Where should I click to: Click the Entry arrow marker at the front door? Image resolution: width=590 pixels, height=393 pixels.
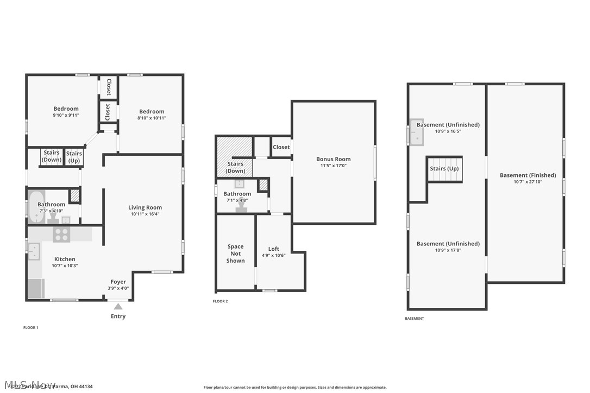coord(118,307)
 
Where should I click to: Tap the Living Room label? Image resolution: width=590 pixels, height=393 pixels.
coord(145,207)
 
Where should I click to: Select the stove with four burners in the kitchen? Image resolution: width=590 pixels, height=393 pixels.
coord(61,234)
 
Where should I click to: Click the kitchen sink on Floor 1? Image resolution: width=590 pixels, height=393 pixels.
coord(34,251)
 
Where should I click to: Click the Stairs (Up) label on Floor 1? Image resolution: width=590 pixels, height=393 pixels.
coord(74,157)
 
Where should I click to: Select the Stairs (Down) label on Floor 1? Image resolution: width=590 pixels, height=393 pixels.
coord(52,156)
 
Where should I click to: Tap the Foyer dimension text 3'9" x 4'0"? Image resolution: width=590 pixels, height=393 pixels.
coord(118,288)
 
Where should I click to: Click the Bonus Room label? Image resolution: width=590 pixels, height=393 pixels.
coord(334,159)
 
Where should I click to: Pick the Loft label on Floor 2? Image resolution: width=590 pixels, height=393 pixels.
coord(274,249)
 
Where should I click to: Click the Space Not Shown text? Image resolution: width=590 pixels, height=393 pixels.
coord(236,253)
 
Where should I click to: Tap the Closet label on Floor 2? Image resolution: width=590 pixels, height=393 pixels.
coord(281,147)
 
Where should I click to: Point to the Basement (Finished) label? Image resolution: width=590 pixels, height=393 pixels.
coord(528,175)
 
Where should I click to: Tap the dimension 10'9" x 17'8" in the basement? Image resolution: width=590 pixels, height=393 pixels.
coord(448,250)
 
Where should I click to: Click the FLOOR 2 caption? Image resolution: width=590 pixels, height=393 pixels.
coord(220,301)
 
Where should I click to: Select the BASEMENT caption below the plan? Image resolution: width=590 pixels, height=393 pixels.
coord(415,319)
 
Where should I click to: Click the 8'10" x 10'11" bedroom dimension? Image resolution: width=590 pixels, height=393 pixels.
coord(152,118)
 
